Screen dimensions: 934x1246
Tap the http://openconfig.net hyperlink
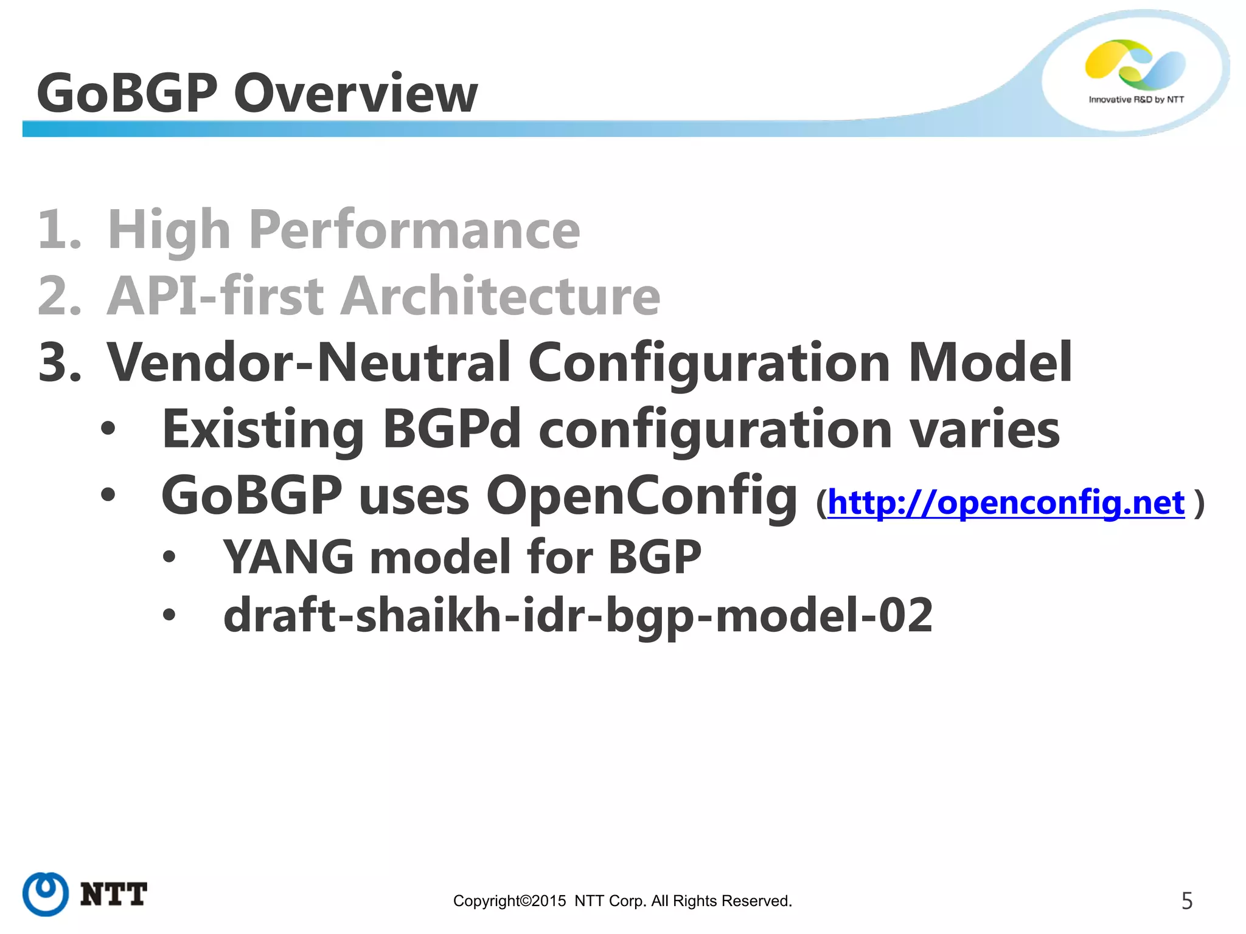tap(1006, 503)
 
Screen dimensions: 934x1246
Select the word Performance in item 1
tap(414, 230)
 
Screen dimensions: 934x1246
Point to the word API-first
tap(215, 296)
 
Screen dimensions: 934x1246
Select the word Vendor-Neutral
tap(308, 362)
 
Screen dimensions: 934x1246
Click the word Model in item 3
tap(989, 362)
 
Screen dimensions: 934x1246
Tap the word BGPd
tap(451, 429)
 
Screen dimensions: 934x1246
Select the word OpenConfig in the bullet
tap(641, 496)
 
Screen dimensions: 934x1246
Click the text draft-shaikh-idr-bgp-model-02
tap(577, 615)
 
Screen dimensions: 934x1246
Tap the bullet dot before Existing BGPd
tap(108, 429)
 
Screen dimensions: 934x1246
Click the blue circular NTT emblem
tap(46, 894)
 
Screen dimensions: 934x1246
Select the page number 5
tap(1186, 901)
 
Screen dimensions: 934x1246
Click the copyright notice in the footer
tap(622, 901)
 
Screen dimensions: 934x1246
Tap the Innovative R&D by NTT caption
tap(1136, 99)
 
